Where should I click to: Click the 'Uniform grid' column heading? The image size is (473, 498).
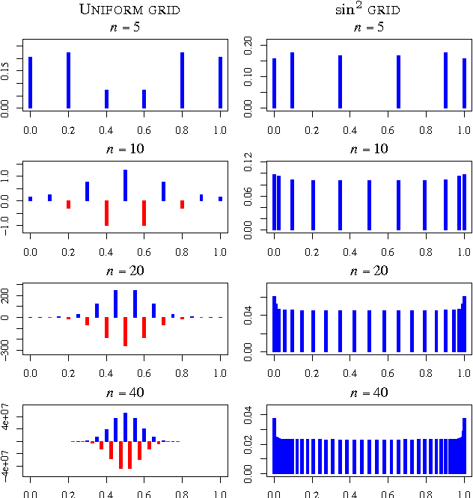[x=124, y=10]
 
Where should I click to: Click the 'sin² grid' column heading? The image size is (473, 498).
[x=369, y=10]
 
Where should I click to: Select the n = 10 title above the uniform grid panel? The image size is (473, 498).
[x=124, y=149]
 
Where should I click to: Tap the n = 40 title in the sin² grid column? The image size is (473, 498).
[x=369, y=392]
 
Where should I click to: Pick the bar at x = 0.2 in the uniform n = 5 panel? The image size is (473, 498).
[x=68, y=80]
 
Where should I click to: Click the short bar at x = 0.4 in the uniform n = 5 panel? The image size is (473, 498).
[x=106, y=99]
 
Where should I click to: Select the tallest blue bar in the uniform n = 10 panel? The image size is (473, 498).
[x=125, y=185]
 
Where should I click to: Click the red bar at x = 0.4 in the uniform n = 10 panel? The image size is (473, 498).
[x=106, y=212]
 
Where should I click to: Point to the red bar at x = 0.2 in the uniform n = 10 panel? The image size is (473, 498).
[x=68, y=204]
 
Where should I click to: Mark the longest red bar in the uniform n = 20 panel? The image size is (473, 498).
[x=125, y=331]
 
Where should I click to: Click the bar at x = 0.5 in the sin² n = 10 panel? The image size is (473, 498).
[x=369, y=205]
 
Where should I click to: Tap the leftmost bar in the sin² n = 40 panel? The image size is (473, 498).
[x=275, y=446]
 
